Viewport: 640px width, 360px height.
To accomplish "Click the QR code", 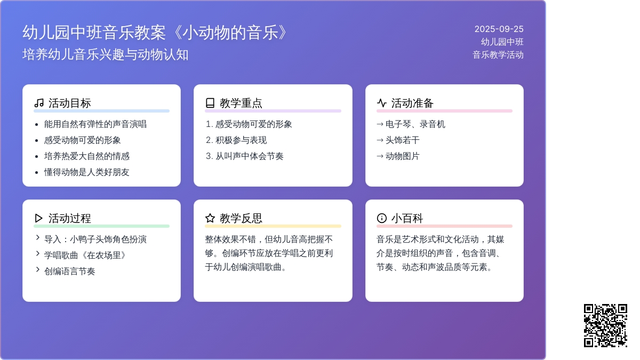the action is [x=605, y=325].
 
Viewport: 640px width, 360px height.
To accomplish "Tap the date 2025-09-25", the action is [x=499, y=29].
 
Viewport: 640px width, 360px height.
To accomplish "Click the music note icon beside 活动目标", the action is [x=39, y=103].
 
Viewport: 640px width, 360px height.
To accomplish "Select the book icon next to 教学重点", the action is [x=210, y=103].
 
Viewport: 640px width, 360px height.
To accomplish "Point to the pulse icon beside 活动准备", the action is [x=382, y=103].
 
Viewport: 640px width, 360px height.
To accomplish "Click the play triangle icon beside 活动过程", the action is [x=38, y=218].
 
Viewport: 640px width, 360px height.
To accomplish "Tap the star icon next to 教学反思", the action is [x=210, y=218].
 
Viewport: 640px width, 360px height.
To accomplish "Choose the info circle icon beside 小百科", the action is [x=382, y=218].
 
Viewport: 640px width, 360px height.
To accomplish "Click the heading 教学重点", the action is [x=241, y=103].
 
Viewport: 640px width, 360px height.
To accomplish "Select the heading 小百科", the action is [x=407, y=218].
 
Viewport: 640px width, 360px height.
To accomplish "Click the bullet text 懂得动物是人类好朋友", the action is [x=87, y=172].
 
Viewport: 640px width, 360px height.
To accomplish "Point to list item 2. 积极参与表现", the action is [x=236, y=140].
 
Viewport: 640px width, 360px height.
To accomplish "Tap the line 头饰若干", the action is [x=403, y=140].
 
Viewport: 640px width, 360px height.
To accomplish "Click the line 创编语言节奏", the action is [x=70, y=271].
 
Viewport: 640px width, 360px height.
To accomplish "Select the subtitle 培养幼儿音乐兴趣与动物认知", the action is [x=106, y=54].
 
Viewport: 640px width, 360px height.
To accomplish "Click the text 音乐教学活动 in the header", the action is [x=498, y=55].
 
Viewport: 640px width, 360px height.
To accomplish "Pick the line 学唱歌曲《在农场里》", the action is [x=85, y=255].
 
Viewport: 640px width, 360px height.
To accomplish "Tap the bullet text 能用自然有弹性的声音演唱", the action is [x=95, y=124].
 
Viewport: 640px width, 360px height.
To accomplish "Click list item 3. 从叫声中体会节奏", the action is [x=245, y=156].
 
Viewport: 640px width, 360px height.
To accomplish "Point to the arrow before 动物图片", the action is [x=380, y=156].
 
